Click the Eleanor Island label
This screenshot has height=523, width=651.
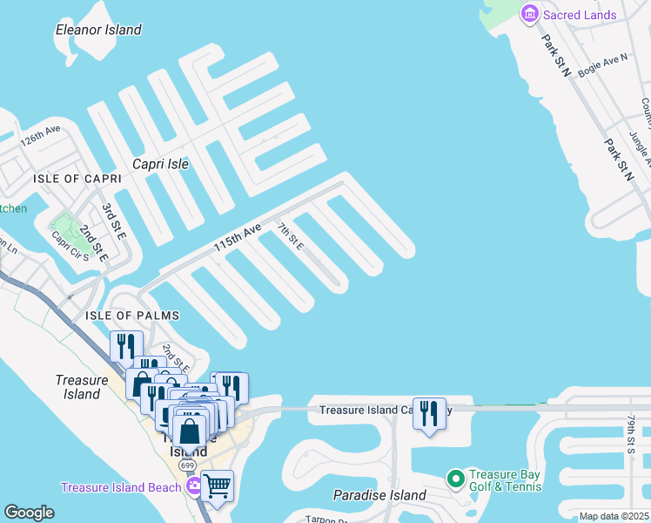pos(98,30)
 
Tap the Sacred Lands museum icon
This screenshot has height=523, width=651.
pos(529,14)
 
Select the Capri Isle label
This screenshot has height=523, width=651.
pos(160,163)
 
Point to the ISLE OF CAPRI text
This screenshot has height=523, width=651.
pos(77,178)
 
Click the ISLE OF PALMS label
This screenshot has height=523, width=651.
pos(132,315)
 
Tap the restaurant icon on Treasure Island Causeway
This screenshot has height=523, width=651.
pos(428,412)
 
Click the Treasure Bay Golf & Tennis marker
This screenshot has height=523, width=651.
pos(454,479)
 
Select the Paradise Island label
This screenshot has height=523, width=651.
pos(379,495)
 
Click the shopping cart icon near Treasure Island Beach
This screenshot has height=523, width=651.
pos(218,486)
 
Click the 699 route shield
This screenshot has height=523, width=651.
pos(188,465)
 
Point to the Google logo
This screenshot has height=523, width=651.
pos(29,513)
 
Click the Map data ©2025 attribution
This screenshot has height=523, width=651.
pos(614,517)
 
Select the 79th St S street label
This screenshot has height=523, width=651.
pos(630,434)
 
